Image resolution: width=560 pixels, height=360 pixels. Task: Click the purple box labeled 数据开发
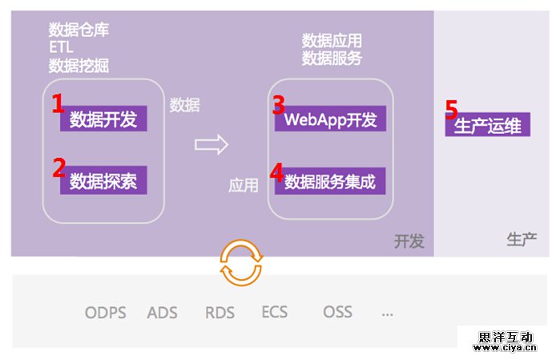coord(103,119)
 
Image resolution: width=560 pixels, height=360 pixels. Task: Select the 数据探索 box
coord(103,180)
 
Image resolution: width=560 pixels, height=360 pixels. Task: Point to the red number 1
coord(58,103)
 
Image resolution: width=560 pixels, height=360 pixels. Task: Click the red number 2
coord(58,167)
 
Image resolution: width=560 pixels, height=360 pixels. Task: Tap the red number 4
coord(276,172)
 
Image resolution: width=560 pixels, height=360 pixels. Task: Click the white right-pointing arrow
coord(212,145)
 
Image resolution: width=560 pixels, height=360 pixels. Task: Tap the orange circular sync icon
coord(240,262)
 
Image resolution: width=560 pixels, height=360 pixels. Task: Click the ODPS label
coord(105,313)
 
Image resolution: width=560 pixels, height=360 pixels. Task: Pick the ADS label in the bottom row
coord(163,313)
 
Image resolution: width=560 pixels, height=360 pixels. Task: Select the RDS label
coord(220,313)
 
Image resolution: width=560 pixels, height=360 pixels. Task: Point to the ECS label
coord(274,311)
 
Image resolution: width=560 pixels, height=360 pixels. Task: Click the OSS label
coord(337,311)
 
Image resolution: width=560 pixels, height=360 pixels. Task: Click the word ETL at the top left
coord(61,48)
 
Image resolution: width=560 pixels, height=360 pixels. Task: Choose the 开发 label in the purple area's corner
coord(409,241)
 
